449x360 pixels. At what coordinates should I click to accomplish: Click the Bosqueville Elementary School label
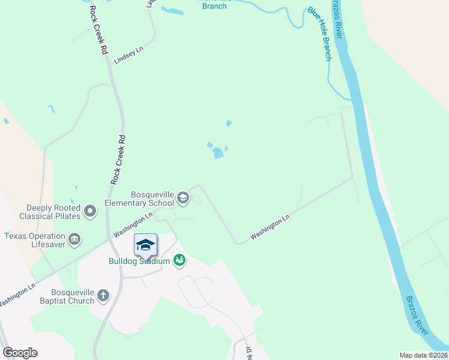click(x=152, y=199)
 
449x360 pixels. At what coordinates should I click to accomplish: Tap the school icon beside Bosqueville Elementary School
click(x=183, y=197)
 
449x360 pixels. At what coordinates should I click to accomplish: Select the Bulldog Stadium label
click(x=140, y=260)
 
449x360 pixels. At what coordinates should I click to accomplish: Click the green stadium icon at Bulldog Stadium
click(x=179, y=260)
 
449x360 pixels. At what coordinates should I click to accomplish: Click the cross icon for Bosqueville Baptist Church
click(x=104, y=295)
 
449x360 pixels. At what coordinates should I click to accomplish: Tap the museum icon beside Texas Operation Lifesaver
click(x=75, y=240)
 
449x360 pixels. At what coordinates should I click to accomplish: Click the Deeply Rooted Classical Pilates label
click(x=50, y=211)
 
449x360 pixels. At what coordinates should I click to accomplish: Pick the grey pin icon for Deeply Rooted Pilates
click(x=90, y=211)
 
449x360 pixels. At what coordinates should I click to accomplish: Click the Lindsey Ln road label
click(x=129, y=58)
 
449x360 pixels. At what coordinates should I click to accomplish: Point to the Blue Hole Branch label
click(x=319, y=34)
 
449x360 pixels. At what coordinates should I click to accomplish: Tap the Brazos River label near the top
click(x=337, y=19)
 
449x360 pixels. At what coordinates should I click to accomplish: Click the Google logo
click(x=20, y=353)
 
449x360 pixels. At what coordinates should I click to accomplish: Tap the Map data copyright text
click(x=423, y=355)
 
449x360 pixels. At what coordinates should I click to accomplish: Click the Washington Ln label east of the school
click(x=270, y=227)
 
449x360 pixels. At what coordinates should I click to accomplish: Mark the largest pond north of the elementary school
click(x=218, y=154)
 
